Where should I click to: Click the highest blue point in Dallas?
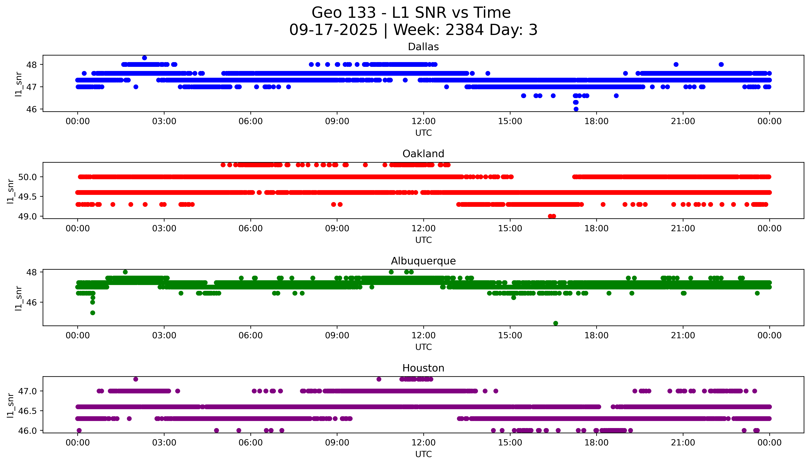click(x=144, y=58)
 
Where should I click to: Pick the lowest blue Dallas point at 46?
click(x=576, y=109)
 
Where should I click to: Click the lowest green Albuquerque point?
click(x=556, y=323)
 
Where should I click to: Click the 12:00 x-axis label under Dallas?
click(x=423, y=121)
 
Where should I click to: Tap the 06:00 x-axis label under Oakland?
click(x=251, y=228)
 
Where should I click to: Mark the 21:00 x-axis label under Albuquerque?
click(x=683, y=335)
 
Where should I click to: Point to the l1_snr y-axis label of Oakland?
click(x=11, y=191)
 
